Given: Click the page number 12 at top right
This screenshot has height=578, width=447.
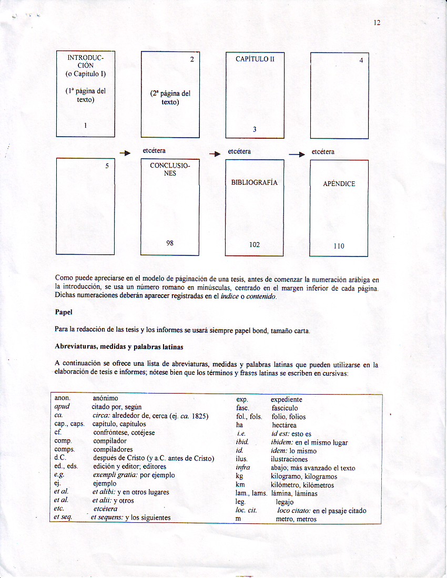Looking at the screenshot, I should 377,22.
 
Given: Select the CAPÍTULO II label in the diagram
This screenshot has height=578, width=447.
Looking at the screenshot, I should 255,59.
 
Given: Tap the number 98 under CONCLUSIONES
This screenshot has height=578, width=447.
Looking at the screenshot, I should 170,243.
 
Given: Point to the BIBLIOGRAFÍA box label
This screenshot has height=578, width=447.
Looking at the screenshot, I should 255,183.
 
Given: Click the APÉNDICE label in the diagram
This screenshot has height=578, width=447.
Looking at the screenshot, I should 339,184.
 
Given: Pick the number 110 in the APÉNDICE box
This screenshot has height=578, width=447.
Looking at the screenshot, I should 339,246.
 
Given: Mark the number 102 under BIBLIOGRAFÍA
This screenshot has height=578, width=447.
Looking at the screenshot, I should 255,245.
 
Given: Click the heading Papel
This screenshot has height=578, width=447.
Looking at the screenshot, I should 63,312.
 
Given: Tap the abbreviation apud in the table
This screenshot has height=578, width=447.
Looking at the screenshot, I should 62,407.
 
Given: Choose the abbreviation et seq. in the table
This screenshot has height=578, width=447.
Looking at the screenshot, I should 64,518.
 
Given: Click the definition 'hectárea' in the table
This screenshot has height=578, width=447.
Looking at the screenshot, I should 284,425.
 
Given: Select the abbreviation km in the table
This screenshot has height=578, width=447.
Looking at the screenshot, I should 240,485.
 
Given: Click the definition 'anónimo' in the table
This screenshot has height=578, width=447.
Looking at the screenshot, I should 106,399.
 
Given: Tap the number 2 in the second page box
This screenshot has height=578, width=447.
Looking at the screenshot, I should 192,59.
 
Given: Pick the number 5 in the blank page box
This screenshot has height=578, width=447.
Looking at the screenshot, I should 107,166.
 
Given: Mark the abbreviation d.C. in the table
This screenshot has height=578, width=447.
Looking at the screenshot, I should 60,458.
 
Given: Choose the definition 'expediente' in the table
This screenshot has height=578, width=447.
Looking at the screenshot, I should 287,399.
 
